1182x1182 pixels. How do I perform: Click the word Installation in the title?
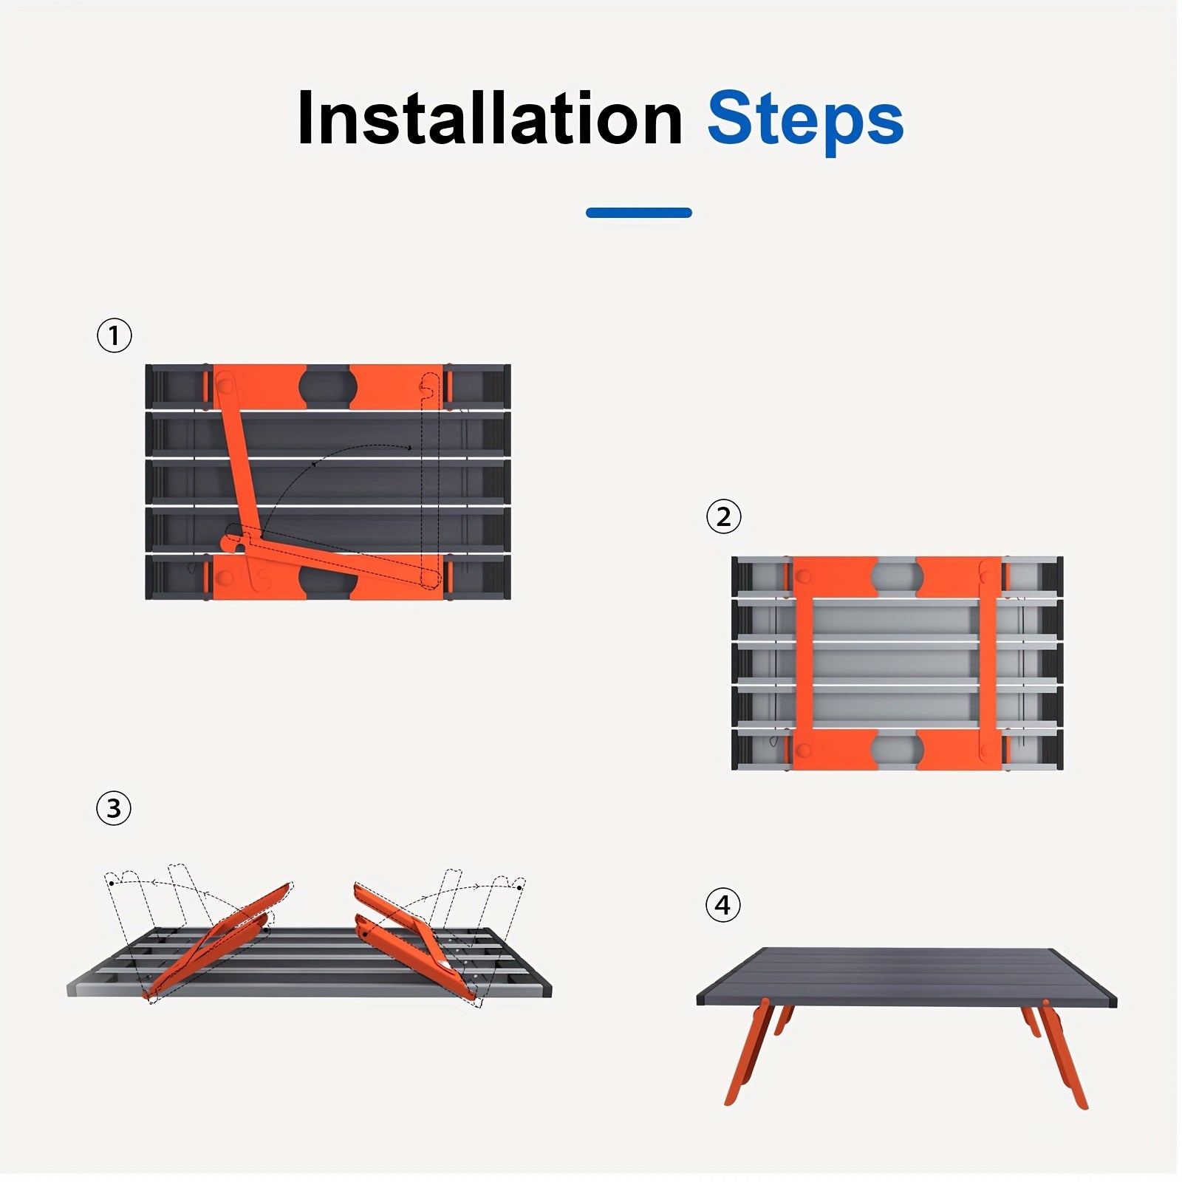(x=490, y=118)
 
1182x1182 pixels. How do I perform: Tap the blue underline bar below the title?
(x=639, y=213)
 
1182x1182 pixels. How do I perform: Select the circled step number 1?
(x=114, y=335)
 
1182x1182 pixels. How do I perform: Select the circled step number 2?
(x=723, y=516)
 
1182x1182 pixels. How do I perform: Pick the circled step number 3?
(x=114, y=808)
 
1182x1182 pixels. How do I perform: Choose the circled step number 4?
(x=723, y=905)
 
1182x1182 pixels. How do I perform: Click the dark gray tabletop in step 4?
(x=906, y=975)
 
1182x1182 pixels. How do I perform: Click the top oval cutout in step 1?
(x=328, y=386)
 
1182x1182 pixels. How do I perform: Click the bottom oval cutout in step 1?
(x=328, y=579)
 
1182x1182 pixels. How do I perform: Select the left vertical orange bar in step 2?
(x=804, y=663)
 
